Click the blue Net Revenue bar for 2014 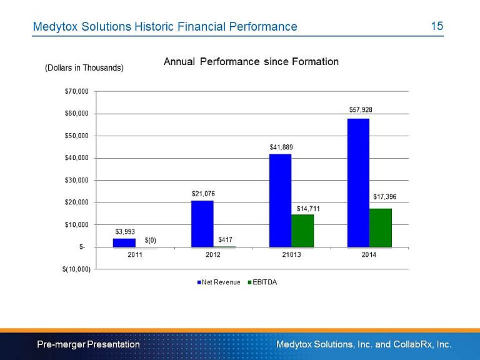pos(359,182)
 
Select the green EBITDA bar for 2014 pos(381,227)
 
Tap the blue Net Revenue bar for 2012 pos(202,224)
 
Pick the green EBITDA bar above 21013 pos(302,231)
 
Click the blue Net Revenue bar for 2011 pos(124,242)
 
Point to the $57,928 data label pos(361,109)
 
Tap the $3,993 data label pos(125,231)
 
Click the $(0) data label pos(150,240)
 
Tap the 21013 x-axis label pos(291,255)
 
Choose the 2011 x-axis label pos(135,255)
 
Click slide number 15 pos(437,26)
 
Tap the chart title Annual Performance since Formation pos(251,62)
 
